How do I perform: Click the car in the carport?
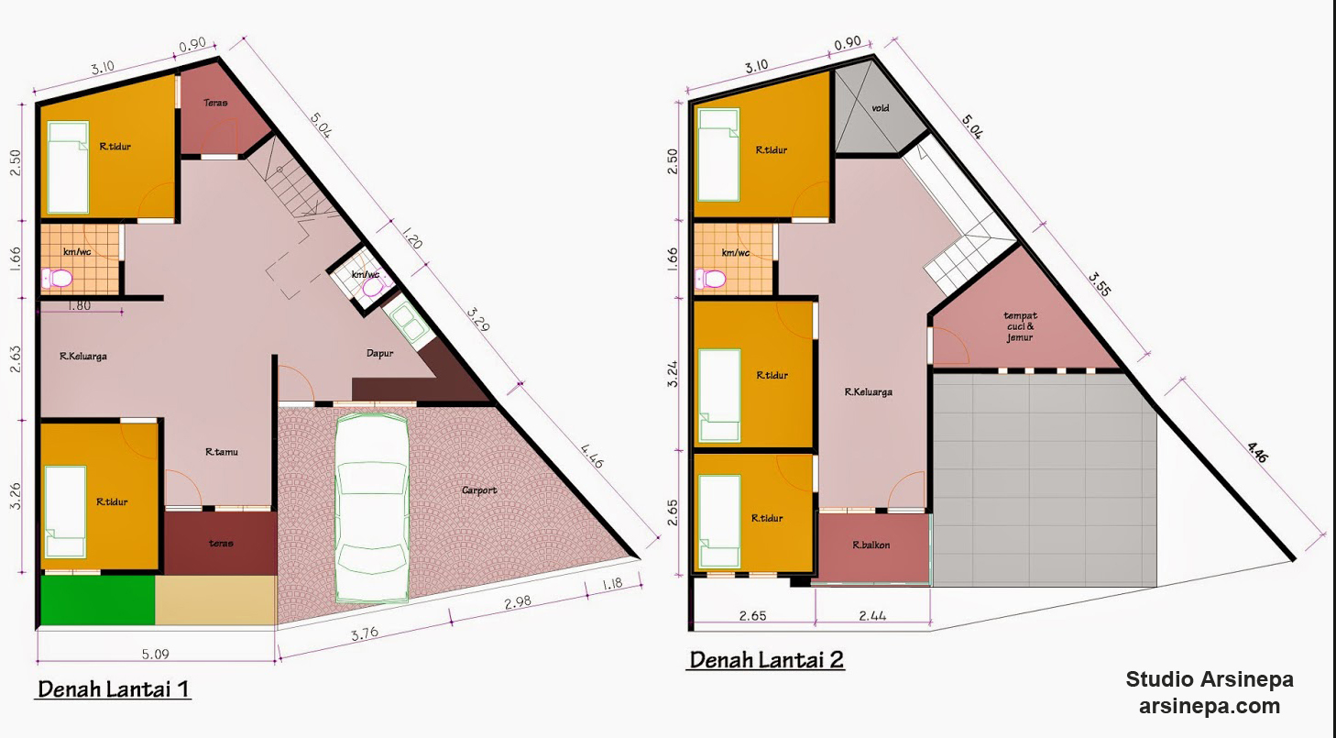click(x=372, y=508)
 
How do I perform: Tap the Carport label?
click(x=479, y=490)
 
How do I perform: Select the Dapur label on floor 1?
click(x=380, y=353)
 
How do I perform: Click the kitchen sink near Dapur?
click(x=410, y=322)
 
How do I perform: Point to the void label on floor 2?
click(x=881, y=108)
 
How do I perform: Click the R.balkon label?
click(x=871, y=545)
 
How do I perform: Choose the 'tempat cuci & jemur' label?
click(x=1020, y=326)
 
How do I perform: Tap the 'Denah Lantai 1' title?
click(x=114, y=689)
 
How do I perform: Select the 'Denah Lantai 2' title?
click(x=766, y=660)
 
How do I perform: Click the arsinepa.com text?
click(x=1210, y=707)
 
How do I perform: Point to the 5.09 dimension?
click(x=155, y=654)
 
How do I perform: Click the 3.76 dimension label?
click(x=364, y=634)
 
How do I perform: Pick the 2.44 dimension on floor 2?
click(x=872, y=615)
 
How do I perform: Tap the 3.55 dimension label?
click(x=1100, y=285)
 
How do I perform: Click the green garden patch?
click(x=98, y=600)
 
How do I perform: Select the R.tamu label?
click(x=221, y=452)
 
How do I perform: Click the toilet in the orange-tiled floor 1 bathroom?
click(x=57, y=279)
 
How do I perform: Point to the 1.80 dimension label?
click(x=79, y=305)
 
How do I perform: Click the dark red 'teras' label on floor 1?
click(x=221, y=543)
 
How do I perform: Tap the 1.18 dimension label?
click(x=612, y=583)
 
